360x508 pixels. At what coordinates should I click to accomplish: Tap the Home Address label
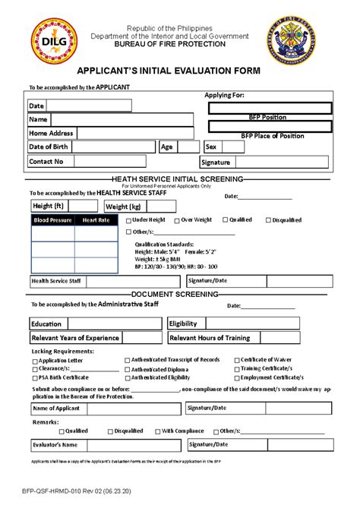(51, 134)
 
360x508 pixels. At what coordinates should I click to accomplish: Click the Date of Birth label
(49, 147)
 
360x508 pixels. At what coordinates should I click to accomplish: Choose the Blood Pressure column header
(52, 220)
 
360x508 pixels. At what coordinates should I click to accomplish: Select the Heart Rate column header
(96, 220)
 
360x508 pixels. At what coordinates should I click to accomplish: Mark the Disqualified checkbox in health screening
(267, 220)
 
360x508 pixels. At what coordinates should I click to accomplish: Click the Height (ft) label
(48, 206)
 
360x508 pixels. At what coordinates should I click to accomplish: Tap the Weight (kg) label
(123, 207)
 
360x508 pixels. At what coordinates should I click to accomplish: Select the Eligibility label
(183, 323)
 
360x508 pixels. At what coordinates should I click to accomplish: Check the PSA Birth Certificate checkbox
(35, 377)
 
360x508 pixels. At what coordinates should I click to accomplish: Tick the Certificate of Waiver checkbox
(235, 360)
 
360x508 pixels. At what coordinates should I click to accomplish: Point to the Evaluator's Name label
(55, 444)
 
